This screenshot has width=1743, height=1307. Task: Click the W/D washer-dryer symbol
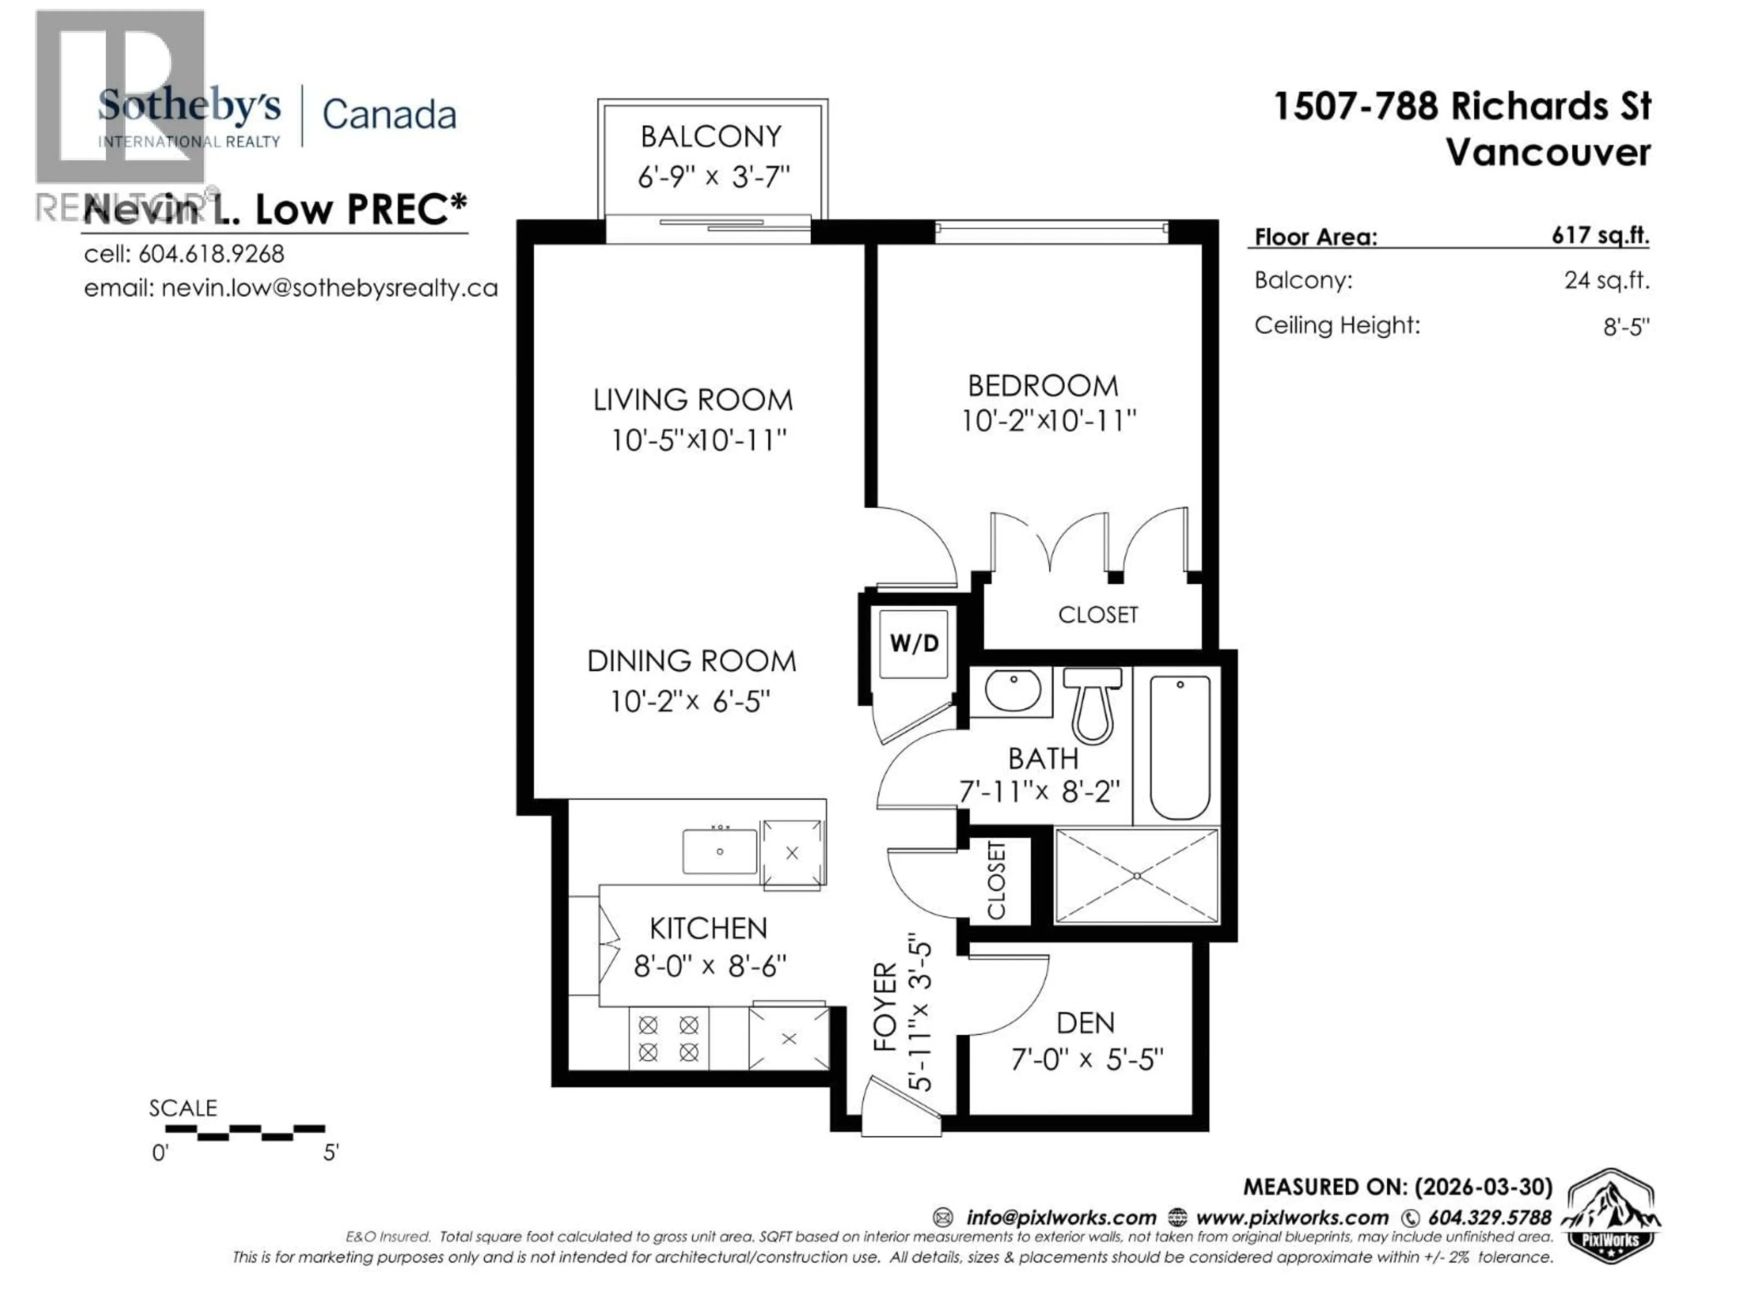pyautogui.click(x=914, y=643)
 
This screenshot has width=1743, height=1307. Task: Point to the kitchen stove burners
pyautogui.click(x=668, y=1038)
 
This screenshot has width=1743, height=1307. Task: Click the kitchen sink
pyautogui.click(x=719, y=851)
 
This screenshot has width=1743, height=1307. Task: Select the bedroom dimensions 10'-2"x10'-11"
pyautogui.click(x=1048, y=421)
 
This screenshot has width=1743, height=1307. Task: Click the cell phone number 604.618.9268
pyautogui.click(x=211, y=254)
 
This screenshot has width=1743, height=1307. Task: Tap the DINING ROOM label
pyautogui.click(x=691, y=661)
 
